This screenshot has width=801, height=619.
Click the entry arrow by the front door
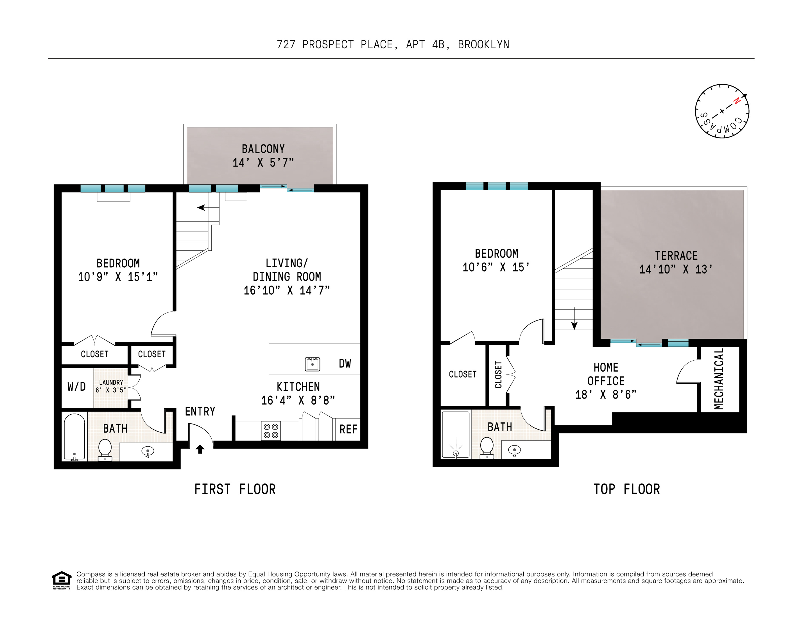point(200,449)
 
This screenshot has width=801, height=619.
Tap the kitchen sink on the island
point(313,364)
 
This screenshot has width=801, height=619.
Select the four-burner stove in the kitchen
point(271,431)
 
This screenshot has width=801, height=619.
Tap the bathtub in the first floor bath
point(74,437)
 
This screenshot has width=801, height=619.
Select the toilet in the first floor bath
point(105,449)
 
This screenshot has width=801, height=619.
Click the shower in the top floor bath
point(456,435)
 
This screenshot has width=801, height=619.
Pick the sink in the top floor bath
point(515,450)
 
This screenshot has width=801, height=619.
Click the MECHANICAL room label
point(719,379)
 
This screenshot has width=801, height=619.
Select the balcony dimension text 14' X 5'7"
point(263,162)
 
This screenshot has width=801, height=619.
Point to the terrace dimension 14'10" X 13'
point(676,269)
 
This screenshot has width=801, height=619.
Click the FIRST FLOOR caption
point(235,489)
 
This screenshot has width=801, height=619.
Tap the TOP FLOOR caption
point(626,489)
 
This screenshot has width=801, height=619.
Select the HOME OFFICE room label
point(606,374)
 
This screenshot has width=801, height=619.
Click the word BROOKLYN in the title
point(483,45)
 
